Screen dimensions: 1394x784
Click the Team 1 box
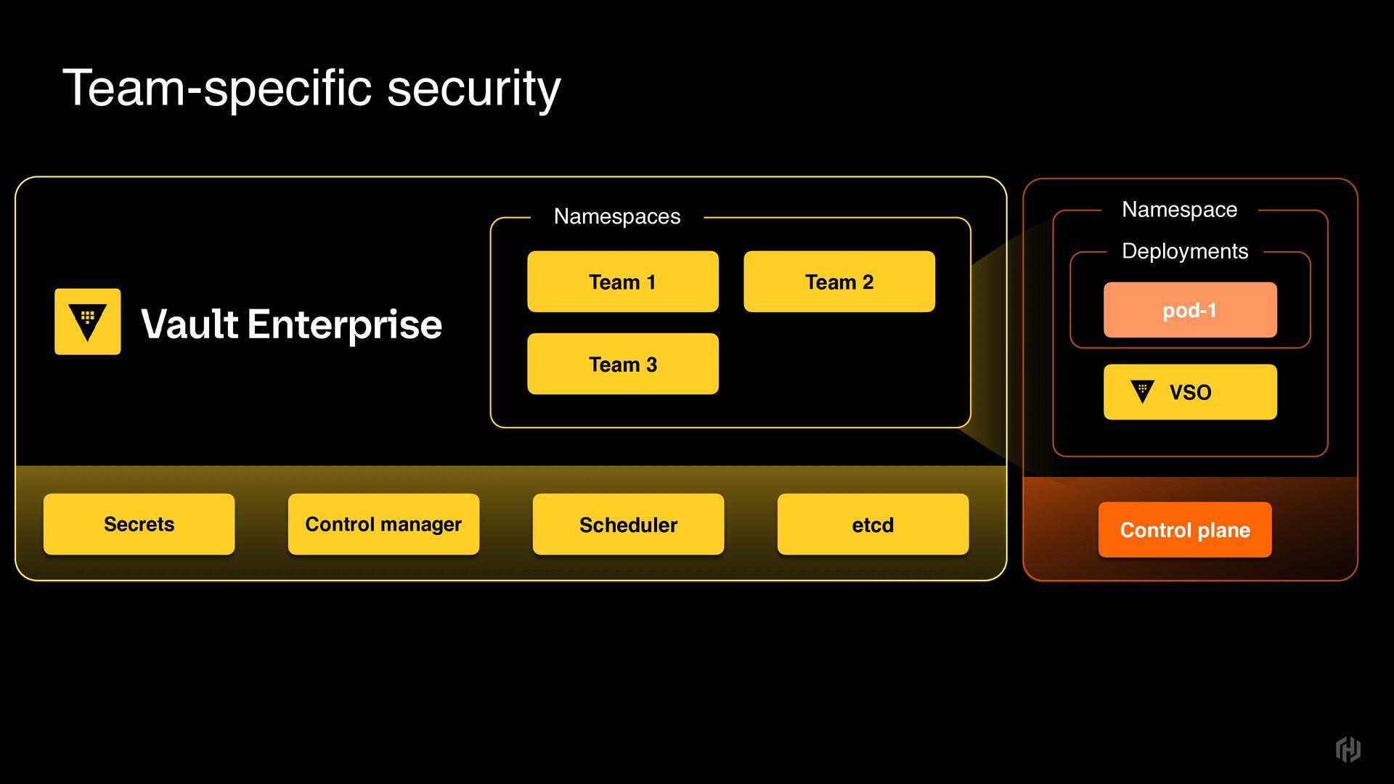click(622, 282)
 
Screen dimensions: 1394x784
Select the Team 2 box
click(839, 282)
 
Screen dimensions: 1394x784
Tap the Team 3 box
click(622, 364)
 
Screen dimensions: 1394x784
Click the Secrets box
click(139, 524)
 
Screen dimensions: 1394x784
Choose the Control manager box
click(383, 524)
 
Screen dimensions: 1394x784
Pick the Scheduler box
click(628, 524)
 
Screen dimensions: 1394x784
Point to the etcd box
click(873, 524)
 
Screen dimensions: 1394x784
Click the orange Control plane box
click(1184, 530)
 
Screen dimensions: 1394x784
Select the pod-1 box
click(1189, 310)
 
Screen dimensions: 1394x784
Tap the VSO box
click(1189, 392)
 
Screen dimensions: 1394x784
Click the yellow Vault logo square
click(88, 322)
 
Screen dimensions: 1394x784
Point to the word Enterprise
click(344, 324)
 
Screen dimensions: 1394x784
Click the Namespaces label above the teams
click(617, 216)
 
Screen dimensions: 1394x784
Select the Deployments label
click(1184, 251)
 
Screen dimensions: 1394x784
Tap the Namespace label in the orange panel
click(1179, 210)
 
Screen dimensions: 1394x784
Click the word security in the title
click(473, 89)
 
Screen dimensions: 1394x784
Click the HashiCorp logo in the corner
click(1348, 749)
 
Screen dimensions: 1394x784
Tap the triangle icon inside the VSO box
click(1142, 391)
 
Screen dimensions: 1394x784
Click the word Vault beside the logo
click(189, 324)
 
